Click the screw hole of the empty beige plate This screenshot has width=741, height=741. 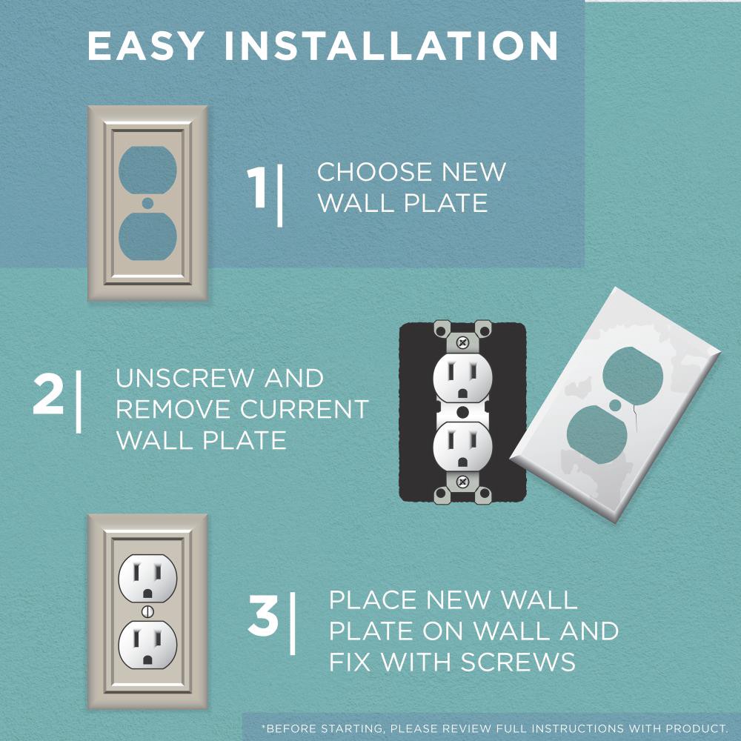[147, 202]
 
